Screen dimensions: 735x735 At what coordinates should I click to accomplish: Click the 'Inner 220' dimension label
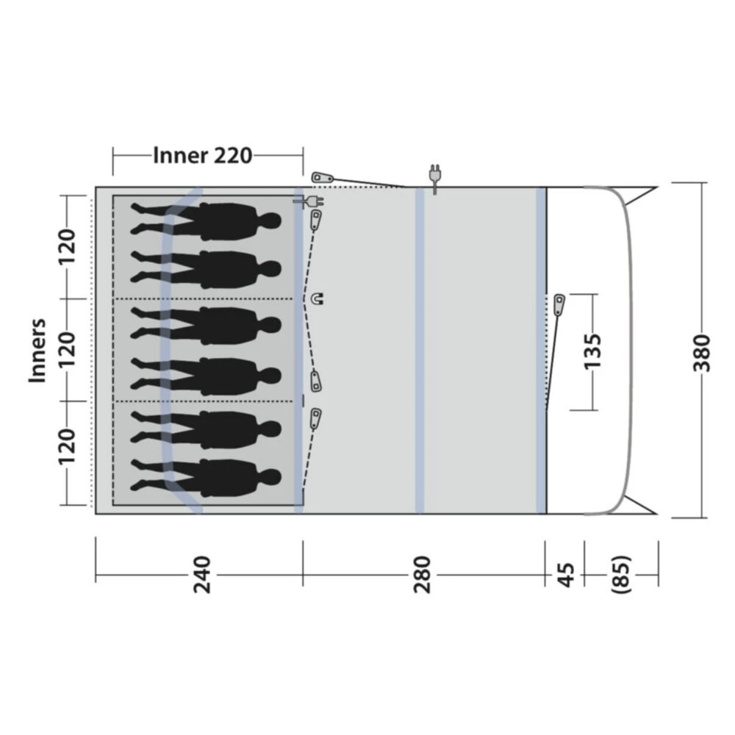[203, 155]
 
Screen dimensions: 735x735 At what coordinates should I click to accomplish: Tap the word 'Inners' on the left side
[38, 350]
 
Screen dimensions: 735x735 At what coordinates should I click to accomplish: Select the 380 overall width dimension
[704, 352]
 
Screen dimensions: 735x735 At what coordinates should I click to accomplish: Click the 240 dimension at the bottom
[200, 575]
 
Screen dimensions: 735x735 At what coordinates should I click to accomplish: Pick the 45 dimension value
[564, 575]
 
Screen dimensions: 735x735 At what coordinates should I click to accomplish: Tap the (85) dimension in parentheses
[621, 575]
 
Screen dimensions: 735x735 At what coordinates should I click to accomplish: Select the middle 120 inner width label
[67, 350]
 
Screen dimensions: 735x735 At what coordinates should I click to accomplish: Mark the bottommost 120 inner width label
[67, 445]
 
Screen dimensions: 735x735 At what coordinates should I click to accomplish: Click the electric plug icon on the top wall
[434, 177]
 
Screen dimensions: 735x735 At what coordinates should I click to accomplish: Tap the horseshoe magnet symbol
[318, 298]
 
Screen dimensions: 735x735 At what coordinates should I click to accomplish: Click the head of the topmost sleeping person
[272, 220]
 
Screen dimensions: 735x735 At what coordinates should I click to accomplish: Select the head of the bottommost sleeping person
[272, 477]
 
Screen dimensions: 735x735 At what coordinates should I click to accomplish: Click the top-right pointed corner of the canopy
[656, 187]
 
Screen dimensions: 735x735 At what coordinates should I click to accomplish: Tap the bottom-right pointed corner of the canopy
[656, 514]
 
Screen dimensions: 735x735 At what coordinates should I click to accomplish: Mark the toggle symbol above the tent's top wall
[321, 177]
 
